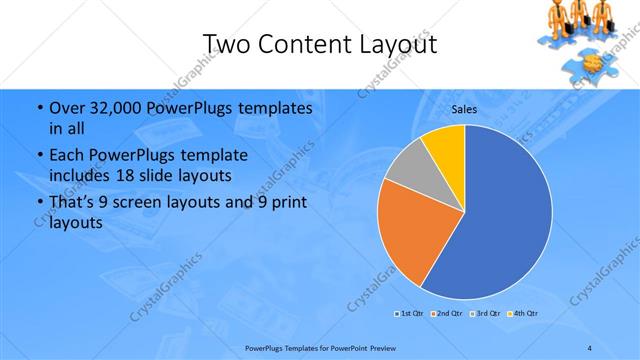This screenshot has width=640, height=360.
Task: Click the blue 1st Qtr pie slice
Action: (500, 220)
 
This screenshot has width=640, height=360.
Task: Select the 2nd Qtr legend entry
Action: (445, 315)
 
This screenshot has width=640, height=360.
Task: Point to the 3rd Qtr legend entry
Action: (484, 315)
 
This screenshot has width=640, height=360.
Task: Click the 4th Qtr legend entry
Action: (523, 315)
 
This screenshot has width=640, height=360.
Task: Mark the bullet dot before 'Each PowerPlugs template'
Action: (39, 156)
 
